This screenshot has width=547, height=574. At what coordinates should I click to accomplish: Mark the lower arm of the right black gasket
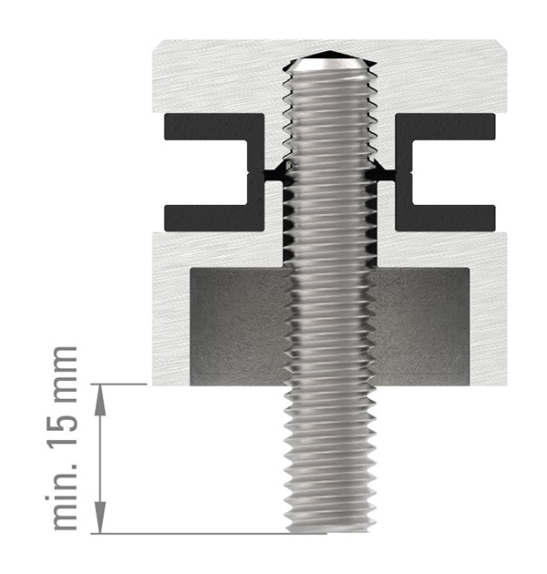pos(447,217)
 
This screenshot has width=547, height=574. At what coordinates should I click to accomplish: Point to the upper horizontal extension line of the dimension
pos(123,384)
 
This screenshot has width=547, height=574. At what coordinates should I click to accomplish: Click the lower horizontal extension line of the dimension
pos(182,533)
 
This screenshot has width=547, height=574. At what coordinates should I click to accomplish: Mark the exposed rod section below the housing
pos(328,456)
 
